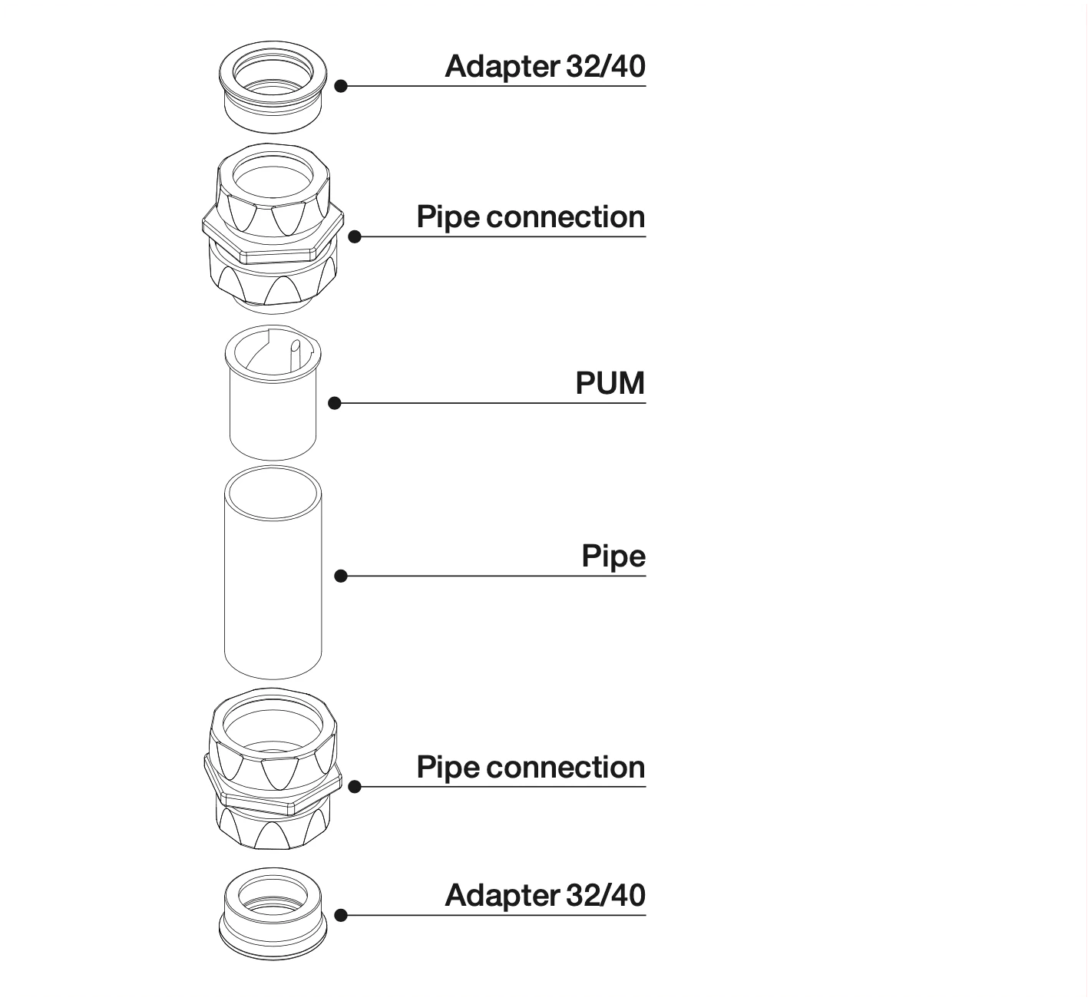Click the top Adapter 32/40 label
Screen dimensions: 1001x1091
pos(545,67)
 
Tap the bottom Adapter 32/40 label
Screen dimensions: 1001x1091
pos(545,896)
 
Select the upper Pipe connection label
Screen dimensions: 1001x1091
pos(531,217)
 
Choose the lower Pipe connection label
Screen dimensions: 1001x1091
pos(531,768)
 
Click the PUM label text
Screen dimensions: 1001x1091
pos(610,383)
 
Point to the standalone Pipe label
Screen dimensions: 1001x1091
pos(613,556)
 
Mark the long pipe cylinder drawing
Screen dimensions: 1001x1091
pos(273,583)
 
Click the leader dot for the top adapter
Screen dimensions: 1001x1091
pos(342,86)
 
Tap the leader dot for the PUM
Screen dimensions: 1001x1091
pos(335,403)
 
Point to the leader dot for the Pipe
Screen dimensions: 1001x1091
pos(342,576)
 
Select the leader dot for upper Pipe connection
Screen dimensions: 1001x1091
pos(355,236)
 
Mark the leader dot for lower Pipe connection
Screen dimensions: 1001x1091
pos(355,787)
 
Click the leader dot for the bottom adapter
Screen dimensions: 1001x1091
pos(342,915)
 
